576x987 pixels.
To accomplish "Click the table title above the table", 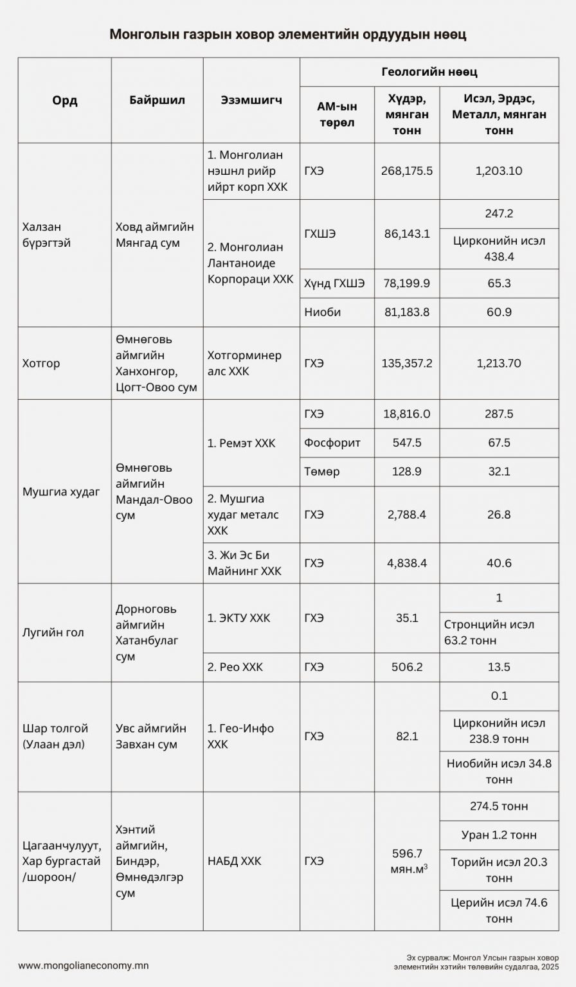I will [x=287, y=34].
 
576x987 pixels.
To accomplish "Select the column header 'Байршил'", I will [x=157, y=100].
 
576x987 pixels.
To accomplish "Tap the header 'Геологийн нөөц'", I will [x=429, y=72].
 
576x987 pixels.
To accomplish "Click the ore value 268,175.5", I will [x=408, y=171].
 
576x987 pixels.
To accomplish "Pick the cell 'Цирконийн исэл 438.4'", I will [x=499, y=249].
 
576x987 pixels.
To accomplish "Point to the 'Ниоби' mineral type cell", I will [x=323, y=312].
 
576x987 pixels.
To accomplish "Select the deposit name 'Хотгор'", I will [x=42, y=363].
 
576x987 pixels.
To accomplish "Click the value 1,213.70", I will [x=499, y=363].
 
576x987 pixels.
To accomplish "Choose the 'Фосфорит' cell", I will [x=332, y=443].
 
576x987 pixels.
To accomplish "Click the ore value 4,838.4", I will [x=408, y=563].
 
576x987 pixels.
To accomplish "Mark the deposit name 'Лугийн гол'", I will [x=53, y=632].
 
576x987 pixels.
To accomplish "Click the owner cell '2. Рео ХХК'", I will [x=235, y=667].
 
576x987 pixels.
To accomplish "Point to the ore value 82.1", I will [x=408, y=736].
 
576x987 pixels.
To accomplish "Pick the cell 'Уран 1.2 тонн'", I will [x=499, y=835].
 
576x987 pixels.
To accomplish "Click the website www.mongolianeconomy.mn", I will [x=84, y=965].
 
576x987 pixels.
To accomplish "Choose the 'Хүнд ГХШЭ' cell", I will [x=334, y=284].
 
